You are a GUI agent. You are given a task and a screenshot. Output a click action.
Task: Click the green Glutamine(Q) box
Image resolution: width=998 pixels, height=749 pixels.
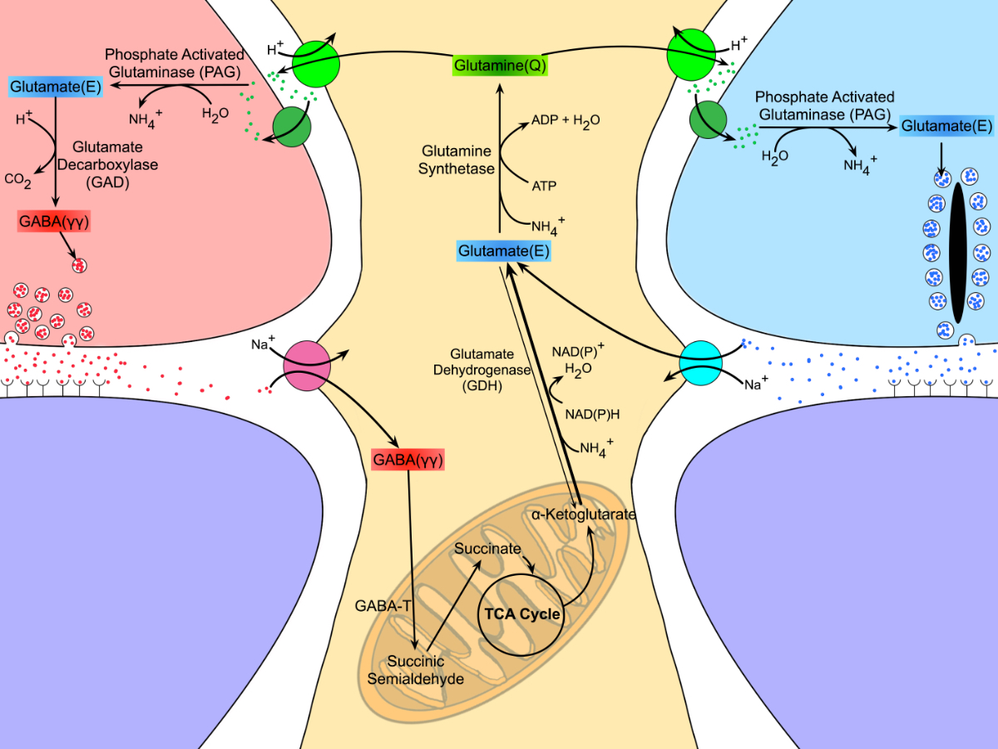[499, 66]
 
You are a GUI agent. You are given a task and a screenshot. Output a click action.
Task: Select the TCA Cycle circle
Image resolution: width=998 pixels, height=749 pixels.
[522, 615]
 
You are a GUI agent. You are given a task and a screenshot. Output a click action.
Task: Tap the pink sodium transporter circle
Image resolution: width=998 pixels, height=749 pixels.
[307, 366]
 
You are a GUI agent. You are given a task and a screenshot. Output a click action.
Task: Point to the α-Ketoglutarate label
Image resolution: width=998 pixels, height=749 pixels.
[583, 515]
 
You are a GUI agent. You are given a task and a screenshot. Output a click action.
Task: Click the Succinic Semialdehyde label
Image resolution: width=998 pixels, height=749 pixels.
[415, 670]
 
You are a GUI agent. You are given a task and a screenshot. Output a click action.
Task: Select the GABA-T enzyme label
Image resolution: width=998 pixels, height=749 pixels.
[385, 605]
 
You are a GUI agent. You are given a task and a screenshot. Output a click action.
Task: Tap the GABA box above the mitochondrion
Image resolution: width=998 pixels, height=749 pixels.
[408, 459]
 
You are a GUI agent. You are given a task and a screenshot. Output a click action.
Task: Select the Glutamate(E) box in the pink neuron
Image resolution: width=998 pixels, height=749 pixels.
[55, 85]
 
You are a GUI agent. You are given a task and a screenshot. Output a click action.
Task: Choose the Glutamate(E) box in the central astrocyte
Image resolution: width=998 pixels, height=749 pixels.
[505, 250]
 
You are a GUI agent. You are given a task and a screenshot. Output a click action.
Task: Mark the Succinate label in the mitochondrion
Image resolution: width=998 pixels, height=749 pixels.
[487, 549]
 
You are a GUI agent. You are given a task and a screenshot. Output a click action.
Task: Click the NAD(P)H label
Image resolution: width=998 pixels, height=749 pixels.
[590, 414]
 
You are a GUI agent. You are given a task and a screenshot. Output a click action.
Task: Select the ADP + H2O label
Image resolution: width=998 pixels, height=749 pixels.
[566, 121]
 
